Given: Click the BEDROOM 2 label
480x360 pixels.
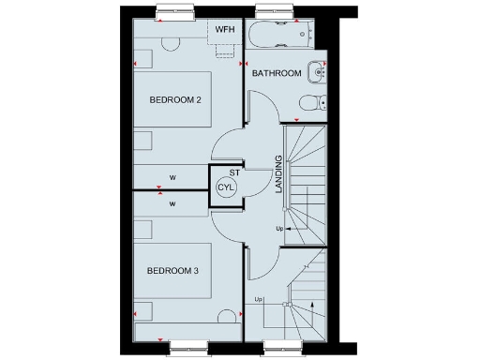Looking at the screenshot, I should click(176, 100).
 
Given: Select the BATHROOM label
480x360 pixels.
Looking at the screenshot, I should click(277, 73).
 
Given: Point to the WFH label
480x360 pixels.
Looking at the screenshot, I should click(225, 30).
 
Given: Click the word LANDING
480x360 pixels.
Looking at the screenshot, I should click(278, 173).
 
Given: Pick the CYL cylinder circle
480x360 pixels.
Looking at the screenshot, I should click(226, 187).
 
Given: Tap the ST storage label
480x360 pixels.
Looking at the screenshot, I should click(235, 172).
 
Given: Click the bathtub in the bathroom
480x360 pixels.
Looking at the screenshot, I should click(281, 34).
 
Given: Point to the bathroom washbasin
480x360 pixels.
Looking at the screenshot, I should click(320, 70).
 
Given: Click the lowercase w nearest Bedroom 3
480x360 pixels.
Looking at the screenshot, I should click(172, 202).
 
